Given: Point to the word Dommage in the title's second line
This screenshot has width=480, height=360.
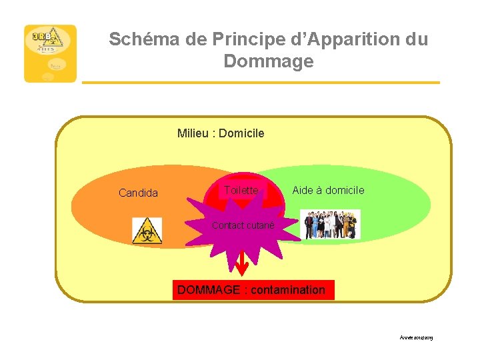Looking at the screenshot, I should click(268, 62).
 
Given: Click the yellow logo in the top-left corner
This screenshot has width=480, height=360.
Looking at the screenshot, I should click(50, 53).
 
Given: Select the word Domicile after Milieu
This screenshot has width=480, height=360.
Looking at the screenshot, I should click(241, 133).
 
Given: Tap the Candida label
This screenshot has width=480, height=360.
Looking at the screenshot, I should click(138, 193).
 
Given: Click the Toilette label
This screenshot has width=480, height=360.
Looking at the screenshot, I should click(241, 191).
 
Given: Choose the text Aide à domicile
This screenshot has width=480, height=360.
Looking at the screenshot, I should click(328, 191).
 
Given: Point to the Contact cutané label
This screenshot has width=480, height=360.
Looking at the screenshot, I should click(243, 226).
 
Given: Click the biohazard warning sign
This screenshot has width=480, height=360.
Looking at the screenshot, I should click(147, 231).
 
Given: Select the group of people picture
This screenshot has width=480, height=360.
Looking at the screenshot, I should click(330, 225).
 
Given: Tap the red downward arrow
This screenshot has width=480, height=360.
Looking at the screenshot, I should click(242, 264).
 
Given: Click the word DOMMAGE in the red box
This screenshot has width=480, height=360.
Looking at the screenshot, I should click(208, 290).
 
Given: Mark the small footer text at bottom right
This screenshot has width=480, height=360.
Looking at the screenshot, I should click(417, 339).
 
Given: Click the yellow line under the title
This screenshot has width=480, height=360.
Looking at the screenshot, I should click(261, 83).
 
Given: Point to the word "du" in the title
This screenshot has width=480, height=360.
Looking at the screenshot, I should click(416, 39).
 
